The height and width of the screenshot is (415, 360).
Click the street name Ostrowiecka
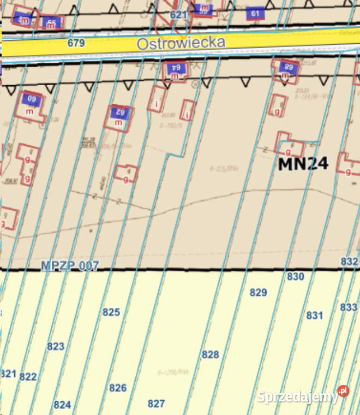[181, 43]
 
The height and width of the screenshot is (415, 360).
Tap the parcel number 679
[76, 43]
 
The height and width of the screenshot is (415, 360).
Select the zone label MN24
[303, 163]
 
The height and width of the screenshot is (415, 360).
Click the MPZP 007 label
[70, 266]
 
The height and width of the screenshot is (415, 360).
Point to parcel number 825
[111, 312]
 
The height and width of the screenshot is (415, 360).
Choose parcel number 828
[210, 355]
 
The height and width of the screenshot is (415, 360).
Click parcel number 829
[258, 293]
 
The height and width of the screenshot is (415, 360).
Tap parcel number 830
[295, 277]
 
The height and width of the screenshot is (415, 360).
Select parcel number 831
[314, 315]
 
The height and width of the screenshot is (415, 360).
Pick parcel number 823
[56, 346]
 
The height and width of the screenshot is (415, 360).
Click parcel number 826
[118, 388]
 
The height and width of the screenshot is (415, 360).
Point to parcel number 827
[156, 404]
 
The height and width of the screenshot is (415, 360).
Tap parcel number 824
[62, 405]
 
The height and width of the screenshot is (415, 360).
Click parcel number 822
[28, 377]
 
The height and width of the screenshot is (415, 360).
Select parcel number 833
[349, 307]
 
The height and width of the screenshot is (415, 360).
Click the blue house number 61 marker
[255, 13]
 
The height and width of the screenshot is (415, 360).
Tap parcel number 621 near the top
[178, 15]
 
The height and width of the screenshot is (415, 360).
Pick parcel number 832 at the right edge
[349, 262]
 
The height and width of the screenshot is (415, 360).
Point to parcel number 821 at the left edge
[8, 374]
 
